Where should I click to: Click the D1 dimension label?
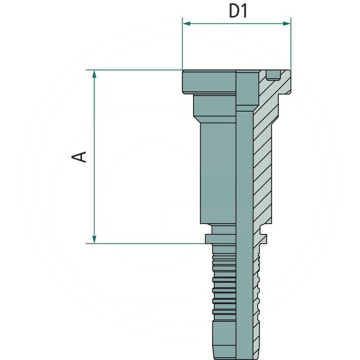point(238,11)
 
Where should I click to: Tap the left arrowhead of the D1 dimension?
point(186,23)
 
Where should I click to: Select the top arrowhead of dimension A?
point(94,74)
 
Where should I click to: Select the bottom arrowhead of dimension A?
point(94,239)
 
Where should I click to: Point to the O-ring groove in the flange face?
point(273,76)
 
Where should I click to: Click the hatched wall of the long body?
point(263,171)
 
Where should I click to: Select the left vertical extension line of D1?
point(182,45)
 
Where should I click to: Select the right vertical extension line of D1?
point(291,45)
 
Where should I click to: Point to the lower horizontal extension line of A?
point(144,243)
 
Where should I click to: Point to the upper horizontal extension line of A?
point(135,70)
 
